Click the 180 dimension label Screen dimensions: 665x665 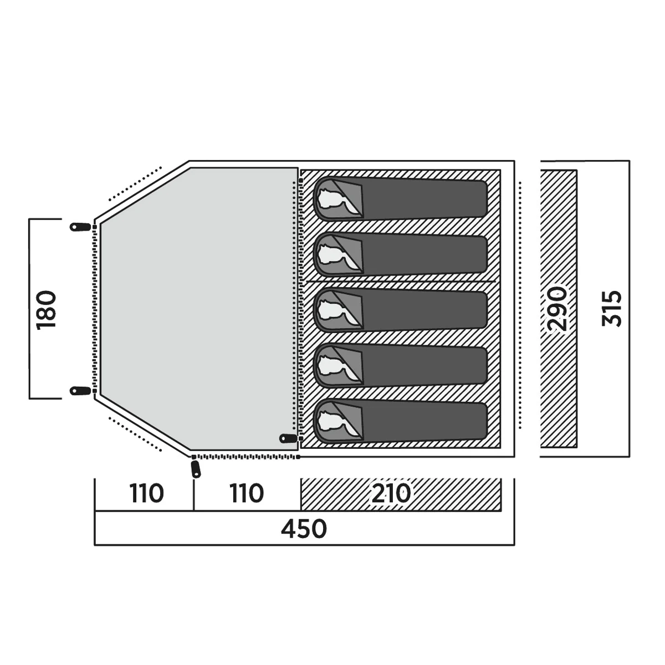click(47, 310)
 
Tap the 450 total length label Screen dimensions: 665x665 click(303, 529)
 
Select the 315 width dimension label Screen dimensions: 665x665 click(611, 309)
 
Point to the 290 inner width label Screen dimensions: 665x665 click(557, 309)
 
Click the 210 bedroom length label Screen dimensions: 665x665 click(391, 494)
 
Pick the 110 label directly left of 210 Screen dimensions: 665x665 click(247, 494)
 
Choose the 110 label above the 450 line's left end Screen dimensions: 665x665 click(146, 494)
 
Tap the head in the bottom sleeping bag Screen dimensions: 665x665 click(334, 422)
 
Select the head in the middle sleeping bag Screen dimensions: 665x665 click(334, 310)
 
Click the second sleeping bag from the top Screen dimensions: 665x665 click(400, 255)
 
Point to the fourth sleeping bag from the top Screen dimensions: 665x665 click(400, 366)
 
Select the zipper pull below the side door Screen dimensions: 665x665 click(196, 469)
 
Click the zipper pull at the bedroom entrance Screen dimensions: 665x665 click(289, 438)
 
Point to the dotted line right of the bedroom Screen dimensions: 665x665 click(520, 305)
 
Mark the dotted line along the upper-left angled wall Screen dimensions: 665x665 click(135, 183)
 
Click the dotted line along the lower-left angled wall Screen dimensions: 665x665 click(135, 434)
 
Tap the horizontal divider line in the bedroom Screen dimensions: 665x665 click(400, 282)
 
